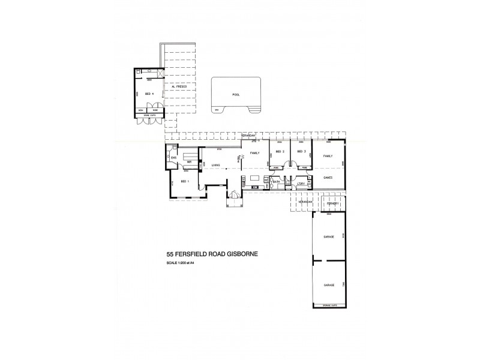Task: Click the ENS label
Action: pos(173,158)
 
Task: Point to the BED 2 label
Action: pos(279,152)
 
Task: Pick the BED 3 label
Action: pos(301,152)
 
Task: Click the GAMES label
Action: pos(328,178)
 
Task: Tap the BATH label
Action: pos(277,181)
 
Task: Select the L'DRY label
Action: pos(302,185)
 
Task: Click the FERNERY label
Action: pos(333,204)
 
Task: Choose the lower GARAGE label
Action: pos(328,285)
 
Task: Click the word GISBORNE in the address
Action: pos(241,254)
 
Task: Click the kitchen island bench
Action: pos(255,178)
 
